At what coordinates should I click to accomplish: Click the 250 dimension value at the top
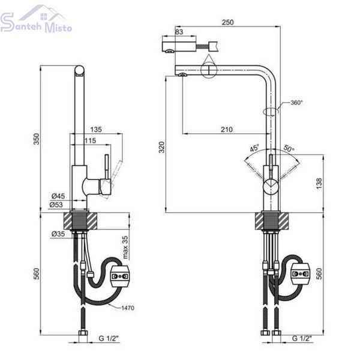coord(227,22)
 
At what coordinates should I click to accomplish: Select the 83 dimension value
coord(179,32)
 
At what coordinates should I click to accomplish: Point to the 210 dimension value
coord(227,130)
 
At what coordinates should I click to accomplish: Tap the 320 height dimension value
coord(162,147)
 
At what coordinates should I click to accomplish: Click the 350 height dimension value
coord(37,139)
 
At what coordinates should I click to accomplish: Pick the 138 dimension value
coord(319,184)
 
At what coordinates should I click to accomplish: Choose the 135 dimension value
coord(96,130)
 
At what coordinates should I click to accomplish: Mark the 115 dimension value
coord(90,140)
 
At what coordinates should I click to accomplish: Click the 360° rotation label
coord(297,103)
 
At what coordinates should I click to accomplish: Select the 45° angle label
coord(254,148)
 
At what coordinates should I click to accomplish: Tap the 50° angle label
coord(289,148)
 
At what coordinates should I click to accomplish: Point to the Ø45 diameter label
coord(58,196)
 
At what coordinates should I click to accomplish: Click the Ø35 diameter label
coord(58,234)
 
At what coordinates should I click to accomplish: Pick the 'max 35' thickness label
coord(125,247)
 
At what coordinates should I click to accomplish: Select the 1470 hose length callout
coord(128,308)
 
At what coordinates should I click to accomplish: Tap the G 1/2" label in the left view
coord(109,338)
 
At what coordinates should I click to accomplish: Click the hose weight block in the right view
coord(301,274)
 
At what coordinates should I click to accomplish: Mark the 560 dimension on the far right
coord(319,274)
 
